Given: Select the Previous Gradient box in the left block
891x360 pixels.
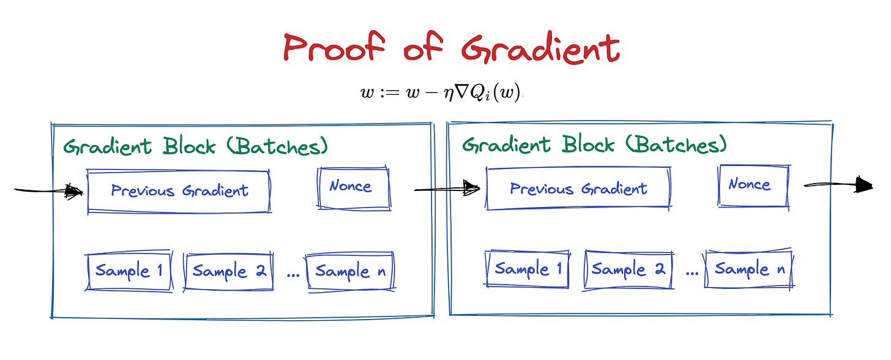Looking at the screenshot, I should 179,191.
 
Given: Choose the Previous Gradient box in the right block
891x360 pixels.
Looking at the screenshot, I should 578,189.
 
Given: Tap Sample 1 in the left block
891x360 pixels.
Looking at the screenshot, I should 129,271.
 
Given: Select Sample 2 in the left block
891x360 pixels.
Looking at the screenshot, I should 229,271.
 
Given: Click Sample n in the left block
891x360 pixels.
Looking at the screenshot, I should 351,271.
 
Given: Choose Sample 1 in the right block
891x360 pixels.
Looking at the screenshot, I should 527,269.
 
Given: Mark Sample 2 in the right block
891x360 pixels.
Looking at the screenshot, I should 628,269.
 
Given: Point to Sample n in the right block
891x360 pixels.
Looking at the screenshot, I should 749,269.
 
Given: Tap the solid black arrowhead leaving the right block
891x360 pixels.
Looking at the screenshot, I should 865,184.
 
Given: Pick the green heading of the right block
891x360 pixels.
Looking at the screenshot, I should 594,145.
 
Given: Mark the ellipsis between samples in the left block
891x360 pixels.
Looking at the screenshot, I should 293,274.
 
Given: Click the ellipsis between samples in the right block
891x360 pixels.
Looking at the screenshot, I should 692,272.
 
